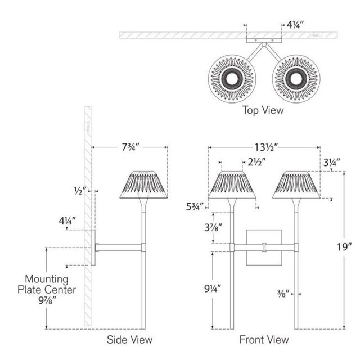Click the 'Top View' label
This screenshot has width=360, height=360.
(263, 110)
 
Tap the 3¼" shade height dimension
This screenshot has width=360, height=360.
(332, 163)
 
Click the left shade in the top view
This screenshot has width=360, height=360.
(232, 78)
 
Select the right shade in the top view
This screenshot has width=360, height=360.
(295, 78)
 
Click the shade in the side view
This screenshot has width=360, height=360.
(144, 184)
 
